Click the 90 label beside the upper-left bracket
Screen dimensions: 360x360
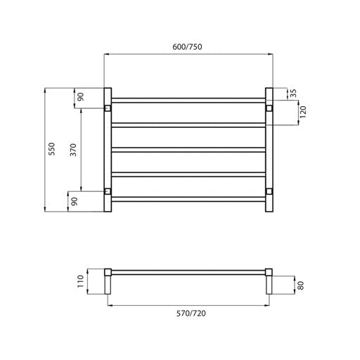80,97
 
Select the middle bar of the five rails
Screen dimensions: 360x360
187,149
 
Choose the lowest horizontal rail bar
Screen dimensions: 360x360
187,199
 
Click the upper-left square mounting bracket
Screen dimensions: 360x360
107,108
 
